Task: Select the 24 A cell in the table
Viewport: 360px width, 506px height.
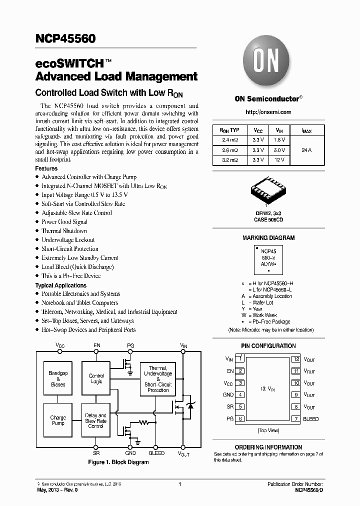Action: click(x=306, y=150)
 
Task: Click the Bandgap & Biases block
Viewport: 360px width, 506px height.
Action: click(x=58, y=379)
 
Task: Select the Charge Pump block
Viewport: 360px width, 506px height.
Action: click(x=58, y=420)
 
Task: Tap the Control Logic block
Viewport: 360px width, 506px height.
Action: click(x=96, y=379)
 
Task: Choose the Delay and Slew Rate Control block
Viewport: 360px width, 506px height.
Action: click(x=96, y=420)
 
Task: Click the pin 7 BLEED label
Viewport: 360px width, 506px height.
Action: click(x=310, y=419)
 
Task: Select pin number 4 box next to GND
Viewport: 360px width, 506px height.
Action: click(x=241, y=395)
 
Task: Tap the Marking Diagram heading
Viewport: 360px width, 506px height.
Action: click(x=268, y=238)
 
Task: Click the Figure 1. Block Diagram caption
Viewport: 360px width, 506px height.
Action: click(x=118, y=462)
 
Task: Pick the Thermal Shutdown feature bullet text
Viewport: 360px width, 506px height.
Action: click(x=64, y=231)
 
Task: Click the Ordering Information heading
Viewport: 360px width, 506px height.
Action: click(x=268, y=447)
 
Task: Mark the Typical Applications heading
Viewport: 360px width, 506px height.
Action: click(x=60, y=285)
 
